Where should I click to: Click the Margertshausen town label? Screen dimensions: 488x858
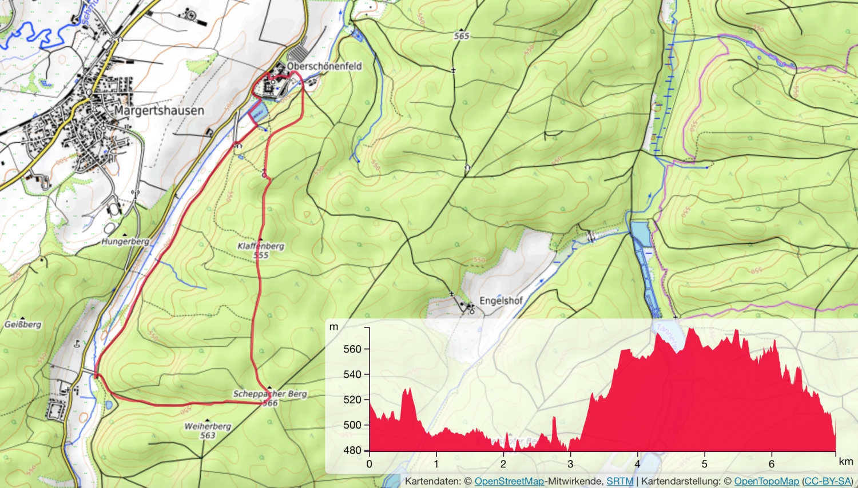click(159, 110)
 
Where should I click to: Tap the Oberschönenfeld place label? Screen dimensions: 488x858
click(324, 66)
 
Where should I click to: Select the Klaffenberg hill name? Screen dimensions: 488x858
click(261, 246)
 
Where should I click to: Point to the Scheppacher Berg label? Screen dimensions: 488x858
click(270, 394)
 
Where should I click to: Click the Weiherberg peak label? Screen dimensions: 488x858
click(208, 426)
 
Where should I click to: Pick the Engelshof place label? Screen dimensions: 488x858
click(501, 301)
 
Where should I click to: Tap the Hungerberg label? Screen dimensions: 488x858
click(125, 242)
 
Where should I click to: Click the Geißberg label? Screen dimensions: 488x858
click(23, 325)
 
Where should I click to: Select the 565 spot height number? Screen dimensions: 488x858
click(462, 36)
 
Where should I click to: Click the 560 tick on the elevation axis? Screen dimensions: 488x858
click(352, 349)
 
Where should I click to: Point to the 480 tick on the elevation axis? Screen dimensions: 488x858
click(352, 450)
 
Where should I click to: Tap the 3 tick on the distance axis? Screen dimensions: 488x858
click(570, 464)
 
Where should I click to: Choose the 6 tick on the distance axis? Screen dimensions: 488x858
click(772, 464)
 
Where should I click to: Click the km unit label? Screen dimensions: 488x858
click(845, 462)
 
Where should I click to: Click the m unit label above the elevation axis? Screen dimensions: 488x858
click(334, 327)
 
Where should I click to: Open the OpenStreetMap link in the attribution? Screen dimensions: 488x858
click(509, 481)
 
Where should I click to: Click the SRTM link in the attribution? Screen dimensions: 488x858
click(619, 481)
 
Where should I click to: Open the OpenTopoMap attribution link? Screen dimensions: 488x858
click(766, 481)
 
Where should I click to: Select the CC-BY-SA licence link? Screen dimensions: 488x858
click(828, 481)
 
